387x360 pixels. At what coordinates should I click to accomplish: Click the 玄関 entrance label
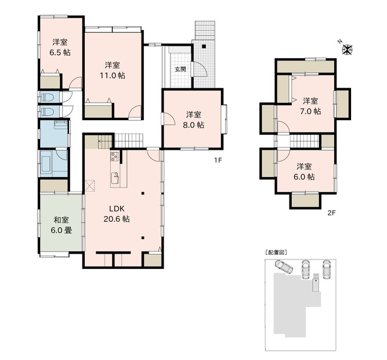click(x=180, y=69)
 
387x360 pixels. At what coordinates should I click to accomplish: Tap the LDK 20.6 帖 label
click(x=117, y=214)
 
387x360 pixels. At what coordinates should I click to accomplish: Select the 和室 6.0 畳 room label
click(x=61, y=225)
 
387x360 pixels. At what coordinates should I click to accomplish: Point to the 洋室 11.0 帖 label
click(x=113, y=70)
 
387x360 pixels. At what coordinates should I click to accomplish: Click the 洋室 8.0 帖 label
click(x=194, y=120)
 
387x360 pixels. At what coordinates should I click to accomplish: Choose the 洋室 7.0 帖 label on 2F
click(x=310, y=106)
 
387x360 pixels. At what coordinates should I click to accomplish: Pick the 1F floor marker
click(x=218, y=160)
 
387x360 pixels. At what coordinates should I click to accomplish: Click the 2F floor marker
click(x=331, y=213)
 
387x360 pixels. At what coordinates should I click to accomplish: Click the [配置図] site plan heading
click(x=276, y=253)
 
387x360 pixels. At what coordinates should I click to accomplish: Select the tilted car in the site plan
click(x=284, y=267)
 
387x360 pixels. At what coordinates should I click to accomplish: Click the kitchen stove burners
click(x=114, y=157)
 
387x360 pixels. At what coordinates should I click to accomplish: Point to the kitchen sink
click(x=115, y=178)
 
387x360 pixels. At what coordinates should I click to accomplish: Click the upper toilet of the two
click(x=48, y=97)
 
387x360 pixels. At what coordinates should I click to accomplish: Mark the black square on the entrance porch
click(x=204, y=46)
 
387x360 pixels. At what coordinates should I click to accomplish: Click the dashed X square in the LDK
click(x=90, y=186)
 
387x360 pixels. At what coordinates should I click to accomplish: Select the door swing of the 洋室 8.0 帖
click(x=169, y=118)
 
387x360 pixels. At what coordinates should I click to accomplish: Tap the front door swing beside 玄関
click(x=200, y=69)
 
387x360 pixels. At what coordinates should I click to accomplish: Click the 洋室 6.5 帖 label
click(x=60, y=47)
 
